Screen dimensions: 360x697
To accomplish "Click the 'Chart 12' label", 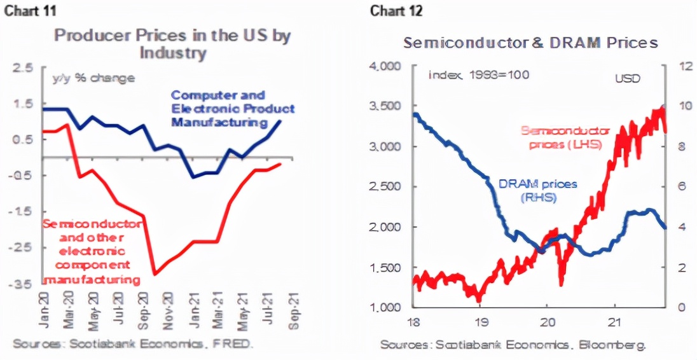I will [x=397, y=11].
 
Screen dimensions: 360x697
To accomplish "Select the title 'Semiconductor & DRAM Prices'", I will [x=530, y=43].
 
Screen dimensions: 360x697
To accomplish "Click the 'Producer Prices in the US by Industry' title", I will [x=172, y=43].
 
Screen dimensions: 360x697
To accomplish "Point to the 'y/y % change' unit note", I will [x=93, y=78].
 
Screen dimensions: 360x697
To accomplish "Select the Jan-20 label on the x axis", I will [x=45, y=310].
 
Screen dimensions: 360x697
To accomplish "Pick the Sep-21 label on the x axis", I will [x=292, y=310].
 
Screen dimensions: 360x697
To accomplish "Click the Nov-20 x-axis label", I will [x=169, y=310].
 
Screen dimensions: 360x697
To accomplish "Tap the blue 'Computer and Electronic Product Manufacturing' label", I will [x=233, y=108].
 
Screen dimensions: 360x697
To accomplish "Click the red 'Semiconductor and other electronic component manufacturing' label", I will [x=91, y=251].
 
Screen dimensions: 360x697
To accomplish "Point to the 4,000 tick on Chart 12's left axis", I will [x=384, y=66].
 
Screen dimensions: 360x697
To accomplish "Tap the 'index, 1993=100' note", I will [x=479, y=75].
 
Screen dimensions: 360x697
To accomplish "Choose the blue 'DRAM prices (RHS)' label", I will [x=537, y=191].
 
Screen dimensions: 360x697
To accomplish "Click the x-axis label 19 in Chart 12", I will [x=481, y=322].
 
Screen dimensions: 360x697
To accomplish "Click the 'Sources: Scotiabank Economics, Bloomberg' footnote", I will [x=513, y=345].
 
